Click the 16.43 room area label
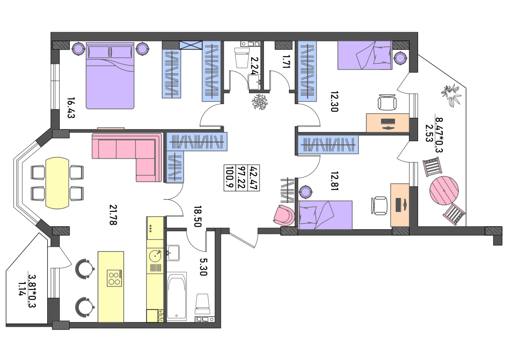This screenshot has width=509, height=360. click(x=71, y=108)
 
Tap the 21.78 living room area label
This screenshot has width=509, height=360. click(x=113, y=215)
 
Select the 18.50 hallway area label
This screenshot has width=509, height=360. click(x=198, y=216)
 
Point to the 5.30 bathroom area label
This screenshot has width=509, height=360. click(x=203, y=267)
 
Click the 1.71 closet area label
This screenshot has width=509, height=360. click(x=286, y=61)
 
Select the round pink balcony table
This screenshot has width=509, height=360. click(x=444, y=190)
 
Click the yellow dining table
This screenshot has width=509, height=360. click(x=57, y=183)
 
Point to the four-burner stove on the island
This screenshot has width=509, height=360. click(x=114, y=278)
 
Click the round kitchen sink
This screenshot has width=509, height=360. click(x=156, y=256)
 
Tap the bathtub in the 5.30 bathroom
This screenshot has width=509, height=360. click(x=176, y=296)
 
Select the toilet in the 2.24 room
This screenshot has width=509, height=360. click(x=242, y=57)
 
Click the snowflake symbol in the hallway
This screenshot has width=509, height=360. click(x=259, y=102)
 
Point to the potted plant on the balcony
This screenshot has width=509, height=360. click(x=451, y=94)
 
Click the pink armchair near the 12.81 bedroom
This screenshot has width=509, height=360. click(x=284, y=215)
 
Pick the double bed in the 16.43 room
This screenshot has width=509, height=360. click(x=110, y=76)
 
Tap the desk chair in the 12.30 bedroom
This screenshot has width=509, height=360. click(x=387, y=102)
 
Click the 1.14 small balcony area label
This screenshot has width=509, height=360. click(x=22, y=288)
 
